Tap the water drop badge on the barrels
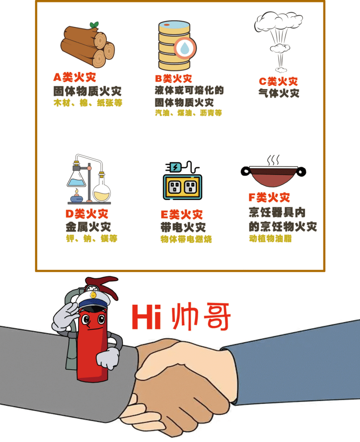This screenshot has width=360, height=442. pos(185,48)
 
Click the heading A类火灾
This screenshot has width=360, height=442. pos(75,77)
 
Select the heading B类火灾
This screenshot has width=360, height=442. pos(174,79)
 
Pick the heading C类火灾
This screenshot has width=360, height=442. pos(278,82)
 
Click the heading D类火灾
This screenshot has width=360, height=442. pos(87,214)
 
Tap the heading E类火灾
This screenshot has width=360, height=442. pos(182,215)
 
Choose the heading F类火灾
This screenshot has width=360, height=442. pos(269,197)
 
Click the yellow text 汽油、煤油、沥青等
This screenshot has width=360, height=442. pos(188,113)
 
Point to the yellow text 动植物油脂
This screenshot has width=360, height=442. pos(270,239)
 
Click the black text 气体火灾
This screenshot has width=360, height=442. pos(279,93)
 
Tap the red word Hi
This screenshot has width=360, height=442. pos(147,316)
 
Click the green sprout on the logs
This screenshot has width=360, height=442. pos(95,25)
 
